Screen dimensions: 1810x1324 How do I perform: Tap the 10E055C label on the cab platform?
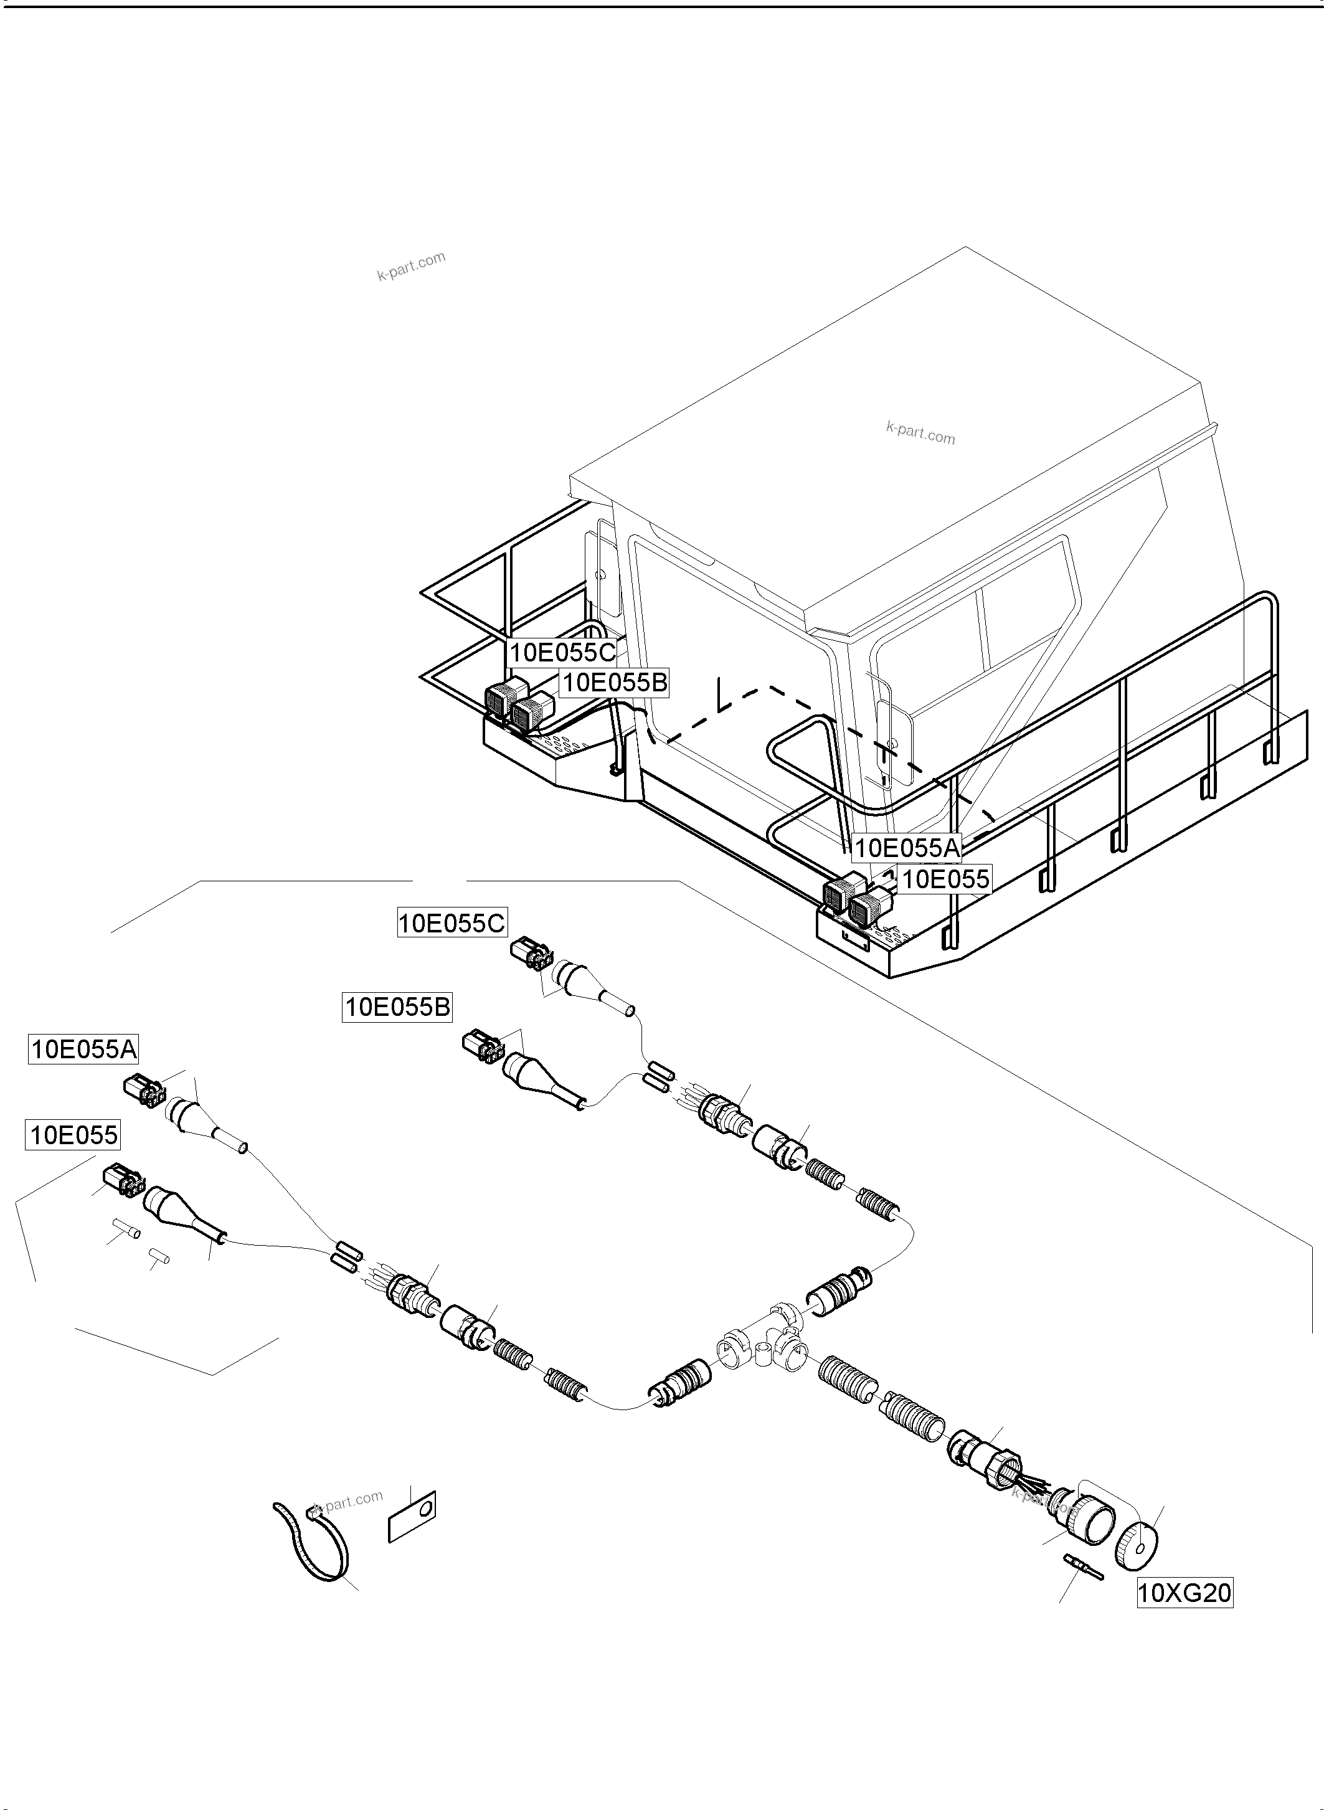(x=562, y=653)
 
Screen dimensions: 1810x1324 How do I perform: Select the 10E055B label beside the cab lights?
(x=614, y=683)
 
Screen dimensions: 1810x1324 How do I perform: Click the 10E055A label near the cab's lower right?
(x=907, y=847)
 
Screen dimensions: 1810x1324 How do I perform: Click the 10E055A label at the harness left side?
(x=83, y=1050)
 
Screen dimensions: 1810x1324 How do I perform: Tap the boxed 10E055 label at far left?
(x=73, y=1135)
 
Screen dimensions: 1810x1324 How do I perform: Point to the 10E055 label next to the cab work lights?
(x=946, y=879)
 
